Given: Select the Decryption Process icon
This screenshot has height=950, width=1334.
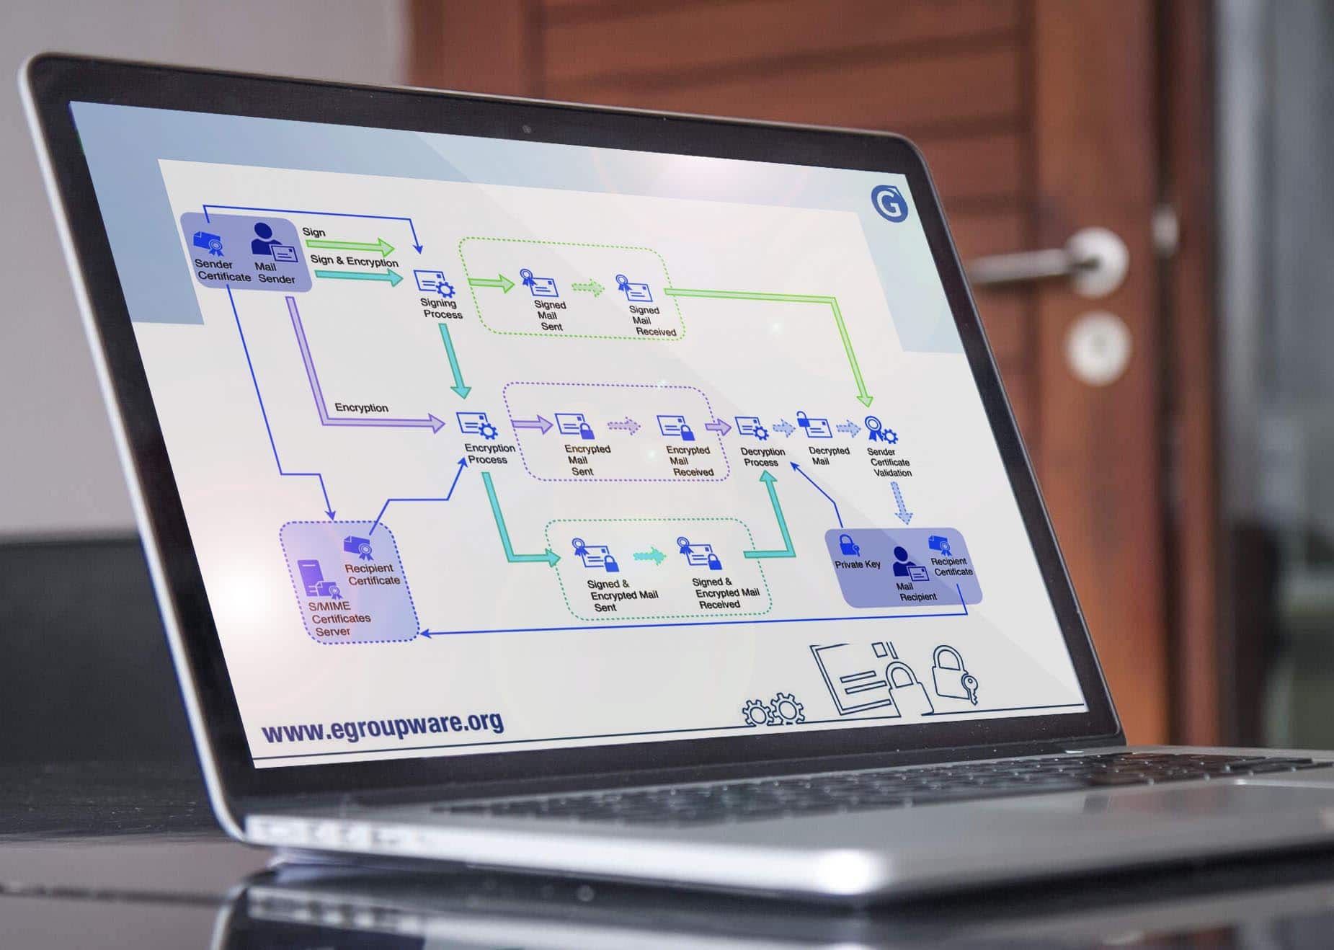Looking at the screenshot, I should [752, 428].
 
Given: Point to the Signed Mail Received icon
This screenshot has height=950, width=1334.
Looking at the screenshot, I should [633, 288].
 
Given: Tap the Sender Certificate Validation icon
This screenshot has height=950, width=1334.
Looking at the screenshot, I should [879, 430].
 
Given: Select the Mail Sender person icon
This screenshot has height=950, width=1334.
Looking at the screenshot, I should [264, 238].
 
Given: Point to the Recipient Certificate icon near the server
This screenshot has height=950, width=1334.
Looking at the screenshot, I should [358, 547].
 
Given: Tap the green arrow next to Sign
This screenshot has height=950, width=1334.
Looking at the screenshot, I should [350, 246].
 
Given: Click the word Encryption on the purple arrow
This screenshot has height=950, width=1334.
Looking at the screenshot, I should [361, 408].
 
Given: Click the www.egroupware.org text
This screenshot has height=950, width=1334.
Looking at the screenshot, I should [383, 727].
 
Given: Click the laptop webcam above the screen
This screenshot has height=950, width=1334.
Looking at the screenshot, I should [527, 130].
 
